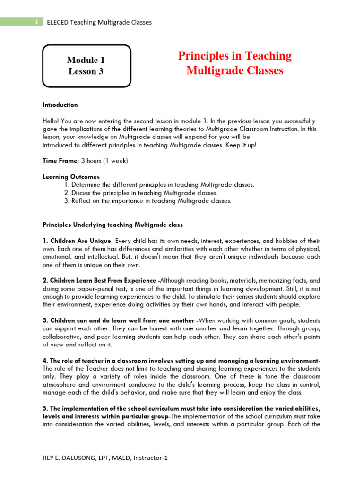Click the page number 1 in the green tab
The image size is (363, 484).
click(x=36, y=22)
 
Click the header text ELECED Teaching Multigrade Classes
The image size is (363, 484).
click(x=99, y=22)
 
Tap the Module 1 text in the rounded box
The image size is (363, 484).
click(x=86, y=60)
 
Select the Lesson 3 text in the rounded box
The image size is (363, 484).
click(x=86, y=72)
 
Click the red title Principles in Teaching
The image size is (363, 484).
click(x=234, y=56)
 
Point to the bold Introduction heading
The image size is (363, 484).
click(x=60, y=105)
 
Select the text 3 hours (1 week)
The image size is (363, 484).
click(x=104, y=161)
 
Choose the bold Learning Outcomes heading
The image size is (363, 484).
click(x=71, y=177)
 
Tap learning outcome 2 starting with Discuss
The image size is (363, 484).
click(x=140, y=193)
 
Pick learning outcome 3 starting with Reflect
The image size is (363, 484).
click(x=147, y=201)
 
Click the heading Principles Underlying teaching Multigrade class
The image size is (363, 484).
click(x=112, y=225)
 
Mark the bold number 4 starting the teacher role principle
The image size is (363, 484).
click(x=44, y=361)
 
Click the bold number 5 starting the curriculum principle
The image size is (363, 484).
click(x=44, y=409)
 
